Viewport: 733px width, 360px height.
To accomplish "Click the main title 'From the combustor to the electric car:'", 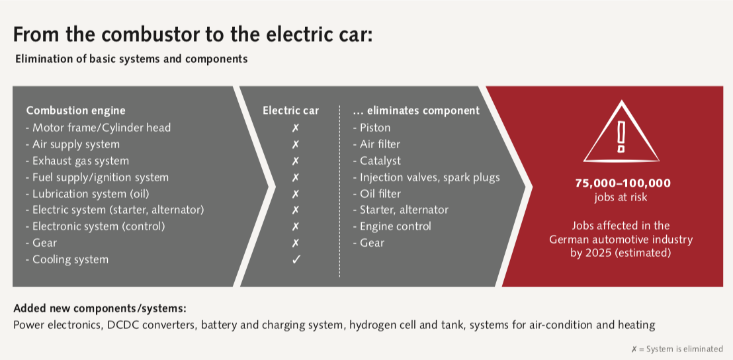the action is (193, 34).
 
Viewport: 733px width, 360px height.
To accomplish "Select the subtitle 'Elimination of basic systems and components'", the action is (132, 60).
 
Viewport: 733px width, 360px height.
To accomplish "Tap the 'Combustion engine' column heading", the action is (75, 111).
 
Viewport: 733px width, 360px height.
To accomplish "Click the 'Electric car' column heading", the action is (290, 111).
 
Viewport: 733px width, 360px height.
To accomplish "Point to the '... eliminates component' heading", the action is (416, 111).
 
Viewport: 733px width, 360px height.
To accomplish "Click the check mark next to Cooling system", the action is (295, 259).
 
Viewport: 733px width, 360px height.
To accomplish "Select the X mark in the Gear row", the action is (295, 243).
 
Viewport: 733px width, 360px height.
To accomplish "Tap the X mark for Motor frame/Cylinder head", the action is (295, 128).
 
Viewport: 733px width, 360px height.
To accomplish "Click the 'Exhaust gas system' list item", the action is (77, 161).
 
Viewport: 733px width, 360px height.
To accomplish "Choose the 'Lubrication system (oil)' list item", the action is (88, 193).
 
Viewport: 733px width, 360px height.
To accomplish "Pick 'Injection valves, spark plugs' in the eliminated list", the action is (426, 177).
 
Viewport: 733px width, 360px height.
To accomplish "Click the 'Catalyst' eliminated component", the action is (377, 161).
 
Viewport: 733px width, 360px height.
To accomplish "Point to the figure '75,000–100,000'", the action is (623, 183).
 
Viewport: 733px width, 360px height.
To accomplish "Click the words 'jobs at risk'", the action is (621, 197).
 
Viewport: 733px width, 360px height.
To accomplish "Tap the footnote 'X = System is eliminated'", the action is (677, 349).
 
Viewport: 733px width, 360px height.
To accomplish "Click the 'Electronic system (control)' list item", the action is (96, 227).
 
